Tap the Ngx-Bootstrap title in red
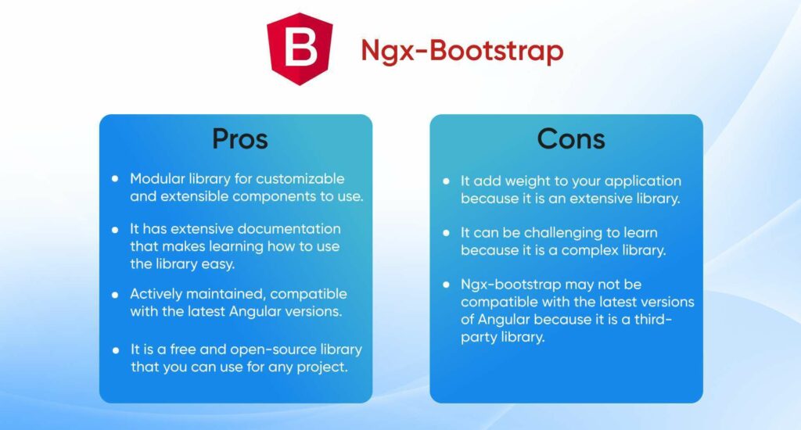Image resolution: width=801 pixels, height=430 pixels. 462,51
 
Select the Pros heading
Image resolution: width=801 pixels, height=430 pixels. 240,138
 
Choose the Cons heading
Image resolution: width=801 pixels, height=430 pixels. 571,138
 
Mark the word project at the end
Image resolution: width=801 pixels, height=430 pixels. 320,367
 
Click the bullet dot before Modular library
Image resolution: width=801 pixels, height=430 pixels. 115,178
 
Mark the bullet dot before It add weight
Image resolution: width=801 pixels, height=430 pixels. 446,181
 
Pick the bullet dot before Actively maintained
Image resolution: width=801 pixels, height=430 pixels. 115,295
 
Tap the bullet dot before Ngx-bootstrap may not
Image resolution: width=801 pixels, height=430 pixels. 446,285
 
